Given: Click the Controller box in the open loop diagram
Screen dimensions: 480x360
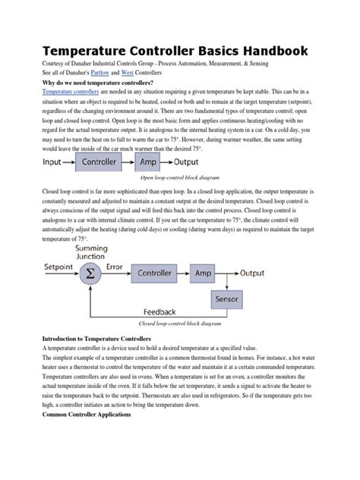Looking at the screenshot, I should (x=99, y=161).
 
